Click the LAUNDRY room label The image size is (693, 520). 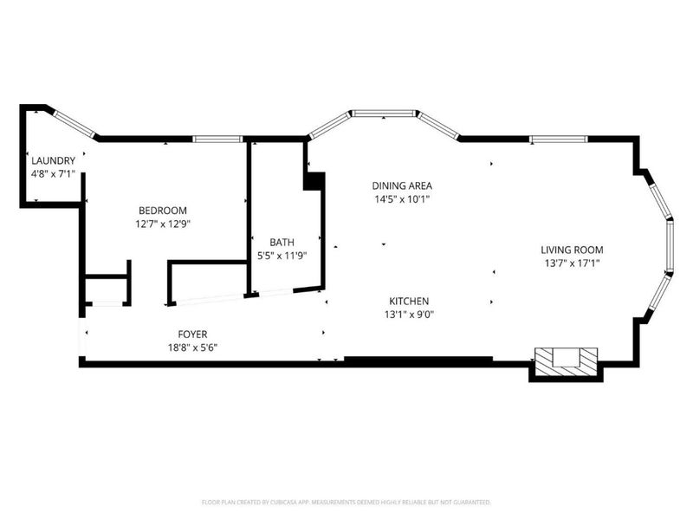[x=53, y=160]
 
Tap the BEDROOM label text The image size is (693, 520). [x=163, y=211]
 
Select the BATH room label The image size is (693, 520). [x=282, y=243]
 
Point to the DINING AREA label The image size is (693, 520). [x=402, y=185]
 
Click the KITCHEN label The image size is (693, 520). [x=409, y=301]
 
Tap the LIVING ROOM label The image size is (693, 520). [x=572, y=250]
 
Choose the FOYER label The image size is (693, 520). [x=192, y=335]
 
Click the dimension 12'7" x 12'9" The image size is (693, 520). [x=163, y=224]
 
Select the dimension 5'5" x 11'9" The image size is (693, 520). [x=282, y=256]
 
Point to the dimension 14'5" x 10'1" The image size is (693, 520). [x=402, y=199]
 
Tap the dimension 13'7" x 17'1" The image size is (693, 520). [x=572, y=263]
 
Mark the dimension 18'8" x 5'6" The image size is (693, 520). [x=192, y=348]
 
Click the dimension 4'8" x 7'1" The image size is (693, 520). [x=53, y=174]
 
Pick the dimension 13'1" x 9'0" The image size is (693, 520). [x=409, y=315]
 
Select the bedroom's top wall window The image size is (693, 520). [x=218, y=140]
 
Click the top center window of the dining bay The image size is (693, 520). [x=384, y=114]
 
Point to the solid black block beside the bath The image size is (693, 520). [x=314, y=181]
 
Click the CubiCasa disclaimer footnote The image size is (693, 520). [x=346, y=503]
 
